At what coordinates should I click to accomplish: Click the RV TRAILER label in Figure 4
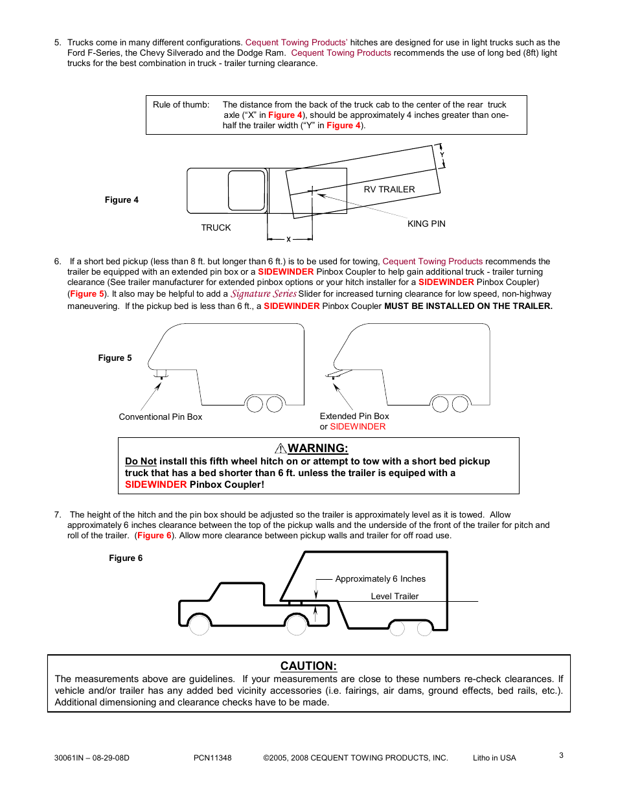coord(389,189)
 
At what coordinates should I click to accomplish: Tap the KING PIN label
coord(426,223)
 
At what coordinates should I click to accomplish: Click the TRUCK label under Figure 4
coord(216,227)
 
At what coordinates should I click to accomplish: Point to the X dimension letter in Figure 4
coord(289,240)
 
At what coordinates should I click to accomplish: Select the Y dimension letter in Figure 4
coord(442,155)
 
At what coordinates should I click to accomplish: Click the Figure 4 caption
coord(121,200)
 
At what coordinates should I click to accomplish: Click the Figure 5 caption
coord(115,358)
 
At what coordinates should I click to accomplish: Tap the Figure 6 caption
coord(125,558)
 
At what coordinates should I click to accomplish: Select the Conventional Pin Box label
coord(160,417)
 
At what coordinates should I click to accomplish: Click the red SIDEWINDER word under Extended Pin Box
coord(358,426)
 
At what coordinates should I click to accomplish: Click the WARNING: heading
coord(317,448)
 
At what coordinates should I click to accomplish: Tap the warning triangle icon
coord(280,448)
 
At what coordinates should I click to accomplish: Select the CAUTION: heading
coord(308,666)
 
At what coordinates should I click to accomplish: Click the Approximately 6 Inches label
coord(380,578)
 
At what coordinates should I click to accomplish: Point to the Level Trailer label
coord(395,596)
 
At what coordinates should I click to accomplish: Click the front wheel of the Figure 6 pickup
coord(199,625)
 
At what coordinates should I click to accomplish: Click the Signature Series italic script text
coord(264,293)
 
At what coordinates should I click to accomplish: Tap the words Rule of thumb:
coord(181,104)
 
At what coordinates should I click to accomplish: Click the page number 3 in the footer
coord(561,755)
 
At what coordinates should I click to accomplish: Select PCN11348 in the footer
coord(212,757)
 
